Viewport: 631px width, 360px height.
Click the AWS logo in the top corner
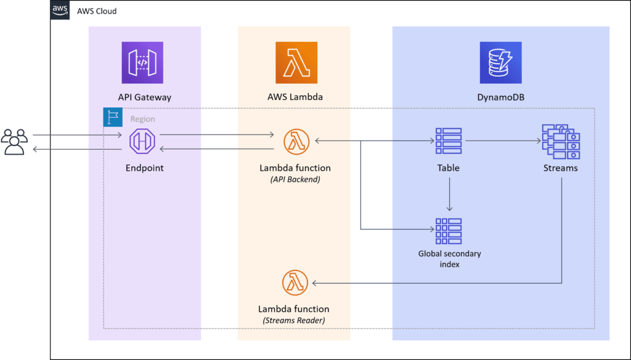pyautogui.click(x=60, y=10)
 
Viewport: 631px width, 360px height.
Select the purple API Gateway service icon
pyautogui.click(x=142, y=62)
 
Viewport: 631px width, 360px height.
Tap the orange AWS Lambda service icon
pyautogui.click(x=296, y=62)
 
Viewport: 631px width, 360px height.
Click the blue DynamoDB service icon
pyautogui.click(x=500, y=62)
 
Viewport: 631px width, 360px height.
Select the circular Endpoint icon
pyautogui.click(x=142, y=142)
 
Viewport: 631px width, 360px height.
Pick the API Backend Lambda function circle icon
pyautogui.click(x=295, y=141)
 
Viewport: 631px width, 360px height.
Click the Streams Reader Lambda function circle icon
pyautogui.click(x=295, y=282)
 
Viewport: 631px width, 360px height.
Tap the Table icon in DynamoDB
pyautogui.click(x=449, y=141)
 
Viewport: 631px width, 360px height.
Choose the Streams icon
pyautogui.click(x=560, y=141)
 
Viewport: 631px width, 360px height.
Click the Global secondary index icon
pyautogui.click(x=449, y=231)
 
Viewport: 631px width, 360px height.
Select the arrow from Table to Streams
pyautogui.click(x=502, y=141)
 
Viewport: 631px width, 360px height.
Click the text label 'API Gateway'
pyautogui.click(x=145, y=97)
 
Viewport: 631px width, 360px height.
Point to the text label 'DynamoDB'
pyautogui.click(x=500, y=97)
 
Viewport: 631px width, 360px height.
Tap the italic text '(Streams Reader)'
pyautogui.click(x=293, y=320)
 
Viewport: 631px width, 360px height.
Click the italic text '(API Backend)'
pyautogui.click(x=295, y=179)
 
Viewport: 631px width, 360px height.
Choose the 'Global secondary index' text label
pyautogui.click(x=450, y=259)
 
